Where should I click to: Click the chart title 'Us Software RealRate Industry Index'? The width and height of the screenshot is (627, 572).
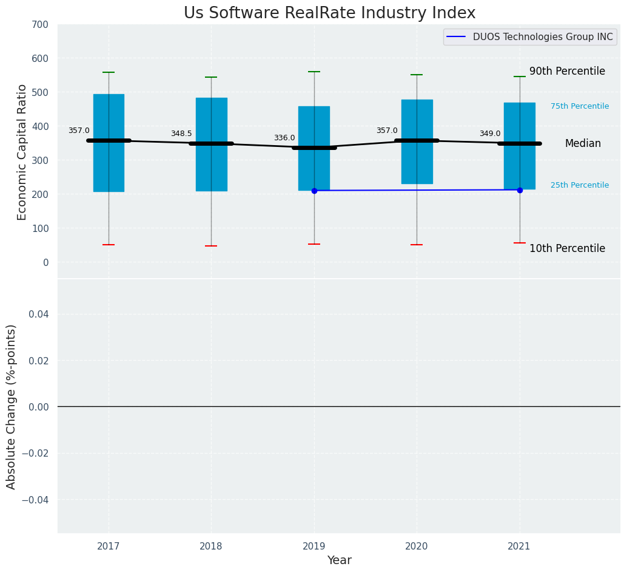(329, 13)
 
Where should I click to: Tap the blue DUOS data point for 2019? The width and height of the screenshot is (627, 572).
(314, 191)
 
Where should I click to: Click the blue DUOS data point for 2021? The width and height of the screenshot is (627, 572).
(520, 190)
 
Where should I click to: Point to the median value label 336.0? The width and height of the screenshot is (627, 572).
(284, 138)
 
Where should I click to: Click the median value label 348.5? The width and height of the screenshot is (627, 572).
(181, 134)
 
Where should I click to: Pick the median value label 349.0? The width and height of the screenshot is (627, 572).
(490, 134)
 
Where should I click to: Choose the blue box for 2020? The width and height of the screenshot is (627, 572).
(417, 170)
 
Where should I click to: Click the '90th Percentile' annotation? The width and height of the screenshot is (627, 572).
(567, 72)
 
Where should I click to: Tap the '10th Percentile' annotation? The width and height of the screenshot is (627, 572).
(567, 249)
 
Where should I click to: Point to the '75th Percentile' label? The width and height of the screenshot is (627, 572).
(580, 107)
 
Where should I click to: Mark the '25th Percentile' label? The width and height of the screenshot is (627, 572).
(580, 186)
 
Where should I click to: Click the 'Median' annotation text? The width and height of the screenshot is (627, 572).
(583, 144)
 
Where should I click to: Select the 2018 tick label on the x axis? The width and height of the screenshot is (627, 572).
(211, 546)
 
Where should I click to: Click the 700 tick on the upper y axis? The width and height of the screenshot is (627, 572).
(41, 25)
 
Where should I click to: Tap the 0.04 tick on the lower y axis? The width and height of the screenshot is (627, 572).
(39, 315)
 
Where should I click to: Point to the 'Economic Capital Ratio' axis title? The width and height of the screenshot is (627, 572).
(22, 152)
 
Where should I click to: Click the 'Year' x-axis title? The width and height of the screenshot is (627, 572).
(339, 560)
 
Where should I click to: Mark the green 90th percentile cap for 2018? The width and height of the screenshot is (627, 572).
(211, 77)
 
